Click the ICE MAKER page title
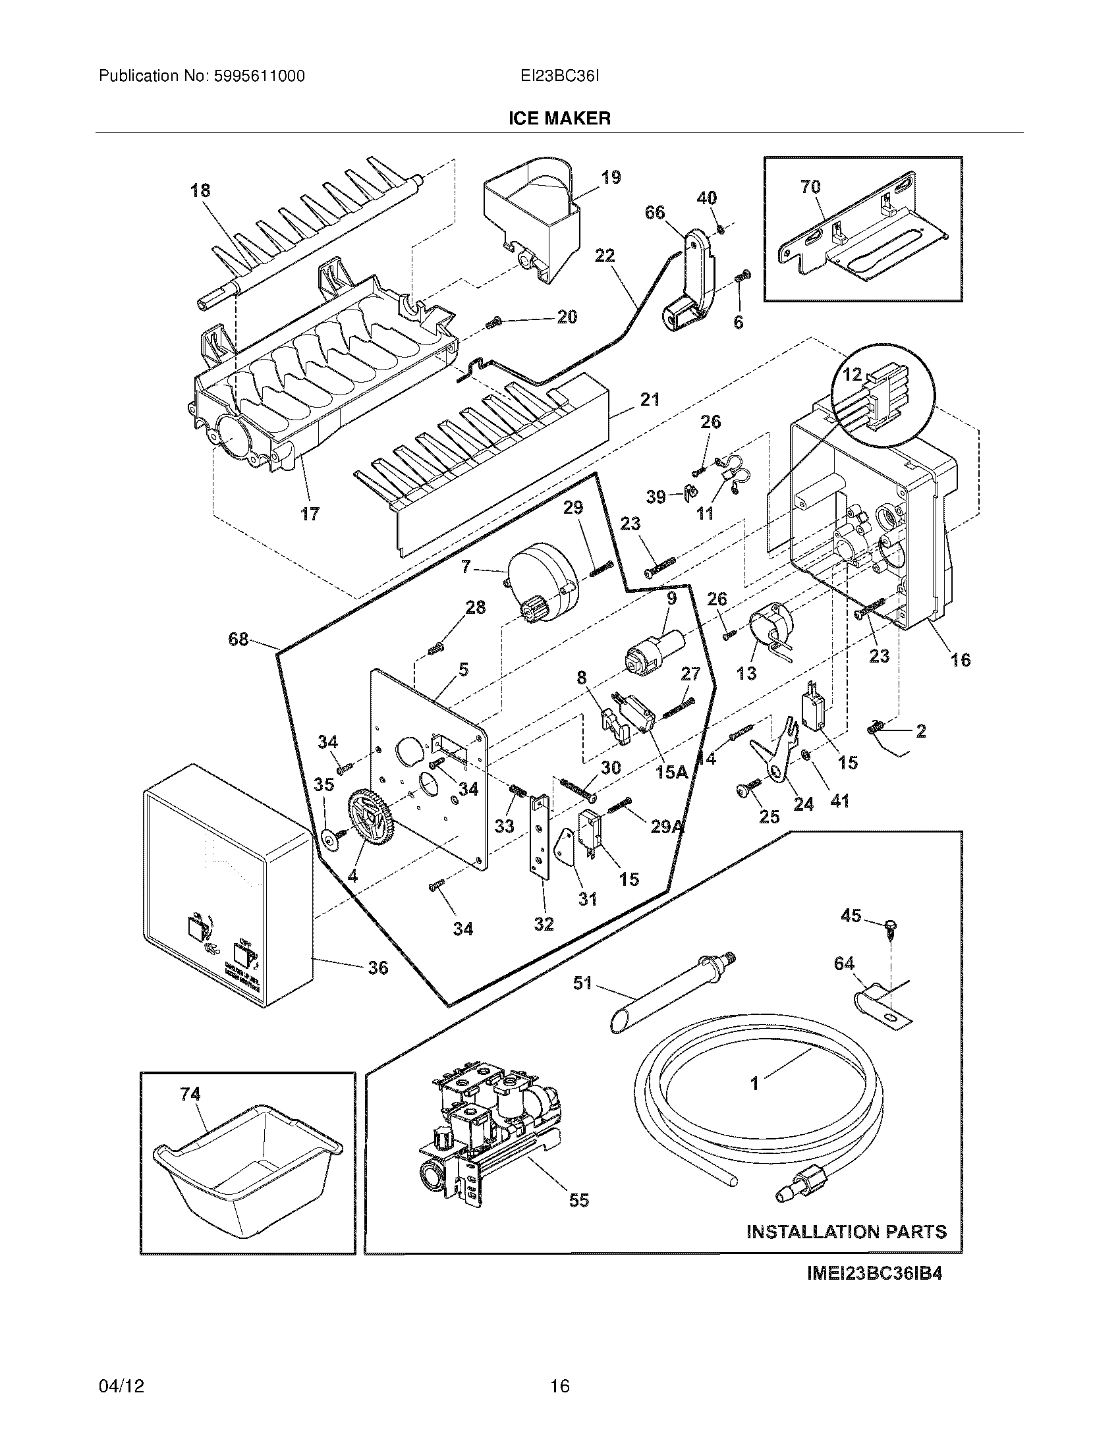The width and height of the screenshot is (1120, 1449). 559,119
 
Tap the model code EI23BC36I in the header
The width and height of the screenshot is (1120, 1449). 559,76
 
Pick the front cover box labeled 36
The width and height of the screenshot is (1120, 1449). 225,889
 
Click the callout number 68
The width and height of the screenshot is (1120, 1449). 238,640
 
